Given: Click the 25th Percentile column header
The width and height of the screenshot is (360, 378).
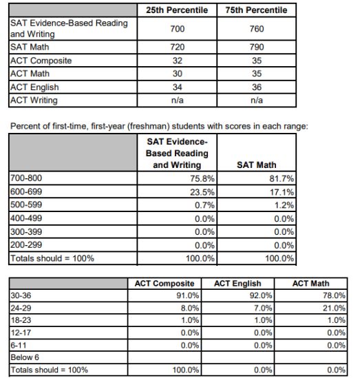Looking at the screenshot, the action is [x=177, y=10].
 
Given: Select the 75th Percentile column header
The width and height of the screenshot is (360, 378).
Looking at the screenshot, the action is [x=256, y=10].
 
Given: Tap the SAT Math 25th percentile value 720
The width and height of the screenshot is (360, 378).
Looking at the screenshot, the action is [x=178, y=47].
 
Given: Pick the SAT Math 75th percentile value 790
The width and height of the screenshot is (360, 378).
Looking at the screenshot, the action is [x=257, y=47].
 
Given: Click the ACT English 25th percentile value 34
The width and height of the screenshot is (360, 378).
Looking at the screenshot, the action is [x=178, y=87].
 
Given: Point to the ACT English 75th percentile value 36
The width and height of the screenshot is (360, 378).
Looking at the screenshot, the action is [x=257, y=87].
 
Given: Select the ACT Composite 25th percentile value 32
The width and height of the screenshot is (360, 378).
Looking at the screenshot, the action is [x=178, y=61].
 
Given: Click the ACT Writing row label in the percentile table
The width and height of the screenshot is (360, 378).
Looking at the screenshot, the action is [x=34, y=101].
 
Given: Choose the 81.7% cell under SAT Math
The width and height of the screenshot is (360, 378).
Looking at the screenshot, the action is [x=282, y=178].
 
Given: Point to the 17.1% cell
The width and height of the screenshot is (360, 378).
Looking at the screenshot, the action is [x=282, y=192].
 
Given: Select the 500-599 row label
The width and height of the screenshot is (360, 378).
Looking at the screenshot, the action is [x=26, y=204].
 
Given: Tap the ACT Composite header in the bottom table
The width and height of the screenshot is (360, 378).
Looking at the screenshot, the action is [x=165, y=284].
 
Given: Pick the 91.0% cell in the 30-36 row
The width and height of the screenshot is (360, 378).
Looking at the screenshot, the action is [x=188, y=295].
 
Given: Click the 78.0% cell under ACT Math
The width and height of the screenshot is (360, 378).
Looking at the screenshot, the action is [x=335, y=295].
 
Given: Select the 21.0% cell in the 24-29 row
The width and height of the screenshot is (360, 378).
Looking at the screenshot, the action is [x=335, y=308].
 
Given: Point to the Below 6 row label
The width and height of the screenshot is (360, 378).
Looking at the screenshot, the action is [x=25, y=357].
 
